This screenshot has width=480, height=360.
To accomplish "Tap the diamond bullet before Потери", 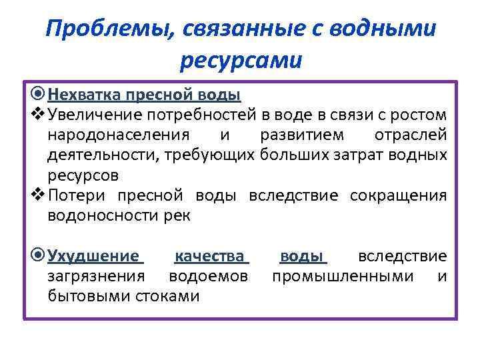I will tap(39, 195).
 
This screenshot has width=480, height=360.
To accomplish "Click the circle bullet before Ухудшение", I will tap(39, 256).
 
